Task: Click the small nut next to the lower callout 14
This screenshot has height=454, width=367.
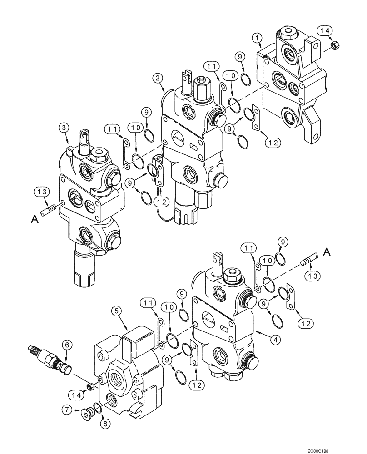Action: [x=91, y=386]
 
